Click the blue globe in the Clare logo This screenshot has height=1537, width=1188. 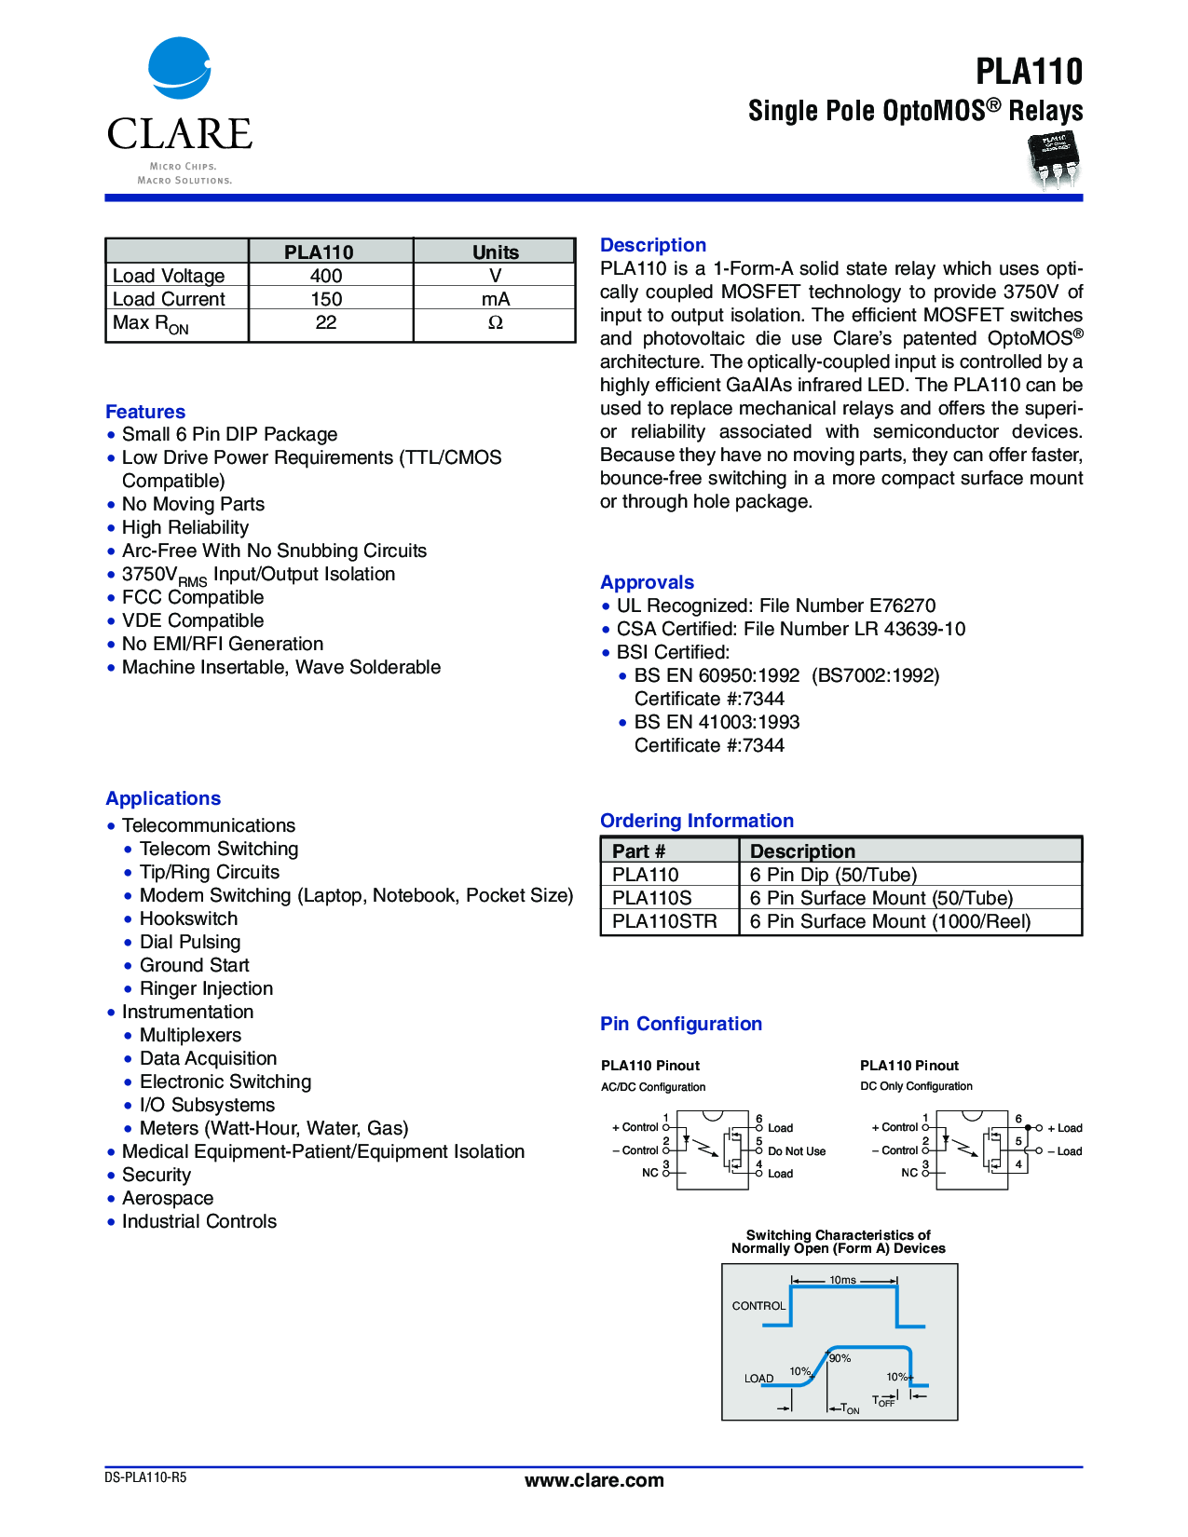point(180,68)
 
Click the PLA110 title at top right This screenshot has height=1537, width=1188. point(1029,72)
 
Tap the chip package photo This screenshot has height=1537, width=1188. point(1053,158)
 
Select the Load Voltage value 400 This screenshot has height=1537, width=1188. point(326,276)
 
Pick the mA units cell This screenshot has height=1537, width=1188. point(495,299)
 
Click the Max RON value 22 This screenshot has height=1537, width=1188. point(326,322)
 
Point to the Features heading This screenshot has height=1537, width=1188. point(145,412)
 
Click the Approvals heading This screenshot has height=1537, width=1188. point(647,582)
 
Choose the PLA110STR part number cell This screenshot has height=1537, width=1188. point(664,921)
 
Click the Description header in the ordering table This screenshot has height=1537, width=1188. point(802,851)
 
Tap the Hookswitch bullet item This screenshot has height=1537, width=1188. point(188,918)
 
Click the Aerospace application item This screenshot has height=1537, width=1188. point(168,1198)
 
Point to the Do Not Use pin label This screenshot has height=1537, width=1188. point(797,1151)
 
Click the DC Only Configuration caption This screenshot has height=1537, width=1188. point(916,1086)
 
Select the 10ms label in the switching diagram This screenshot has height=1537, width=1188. point(842,1280)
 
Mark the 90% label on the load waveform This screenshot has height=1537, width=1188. point(840,1358)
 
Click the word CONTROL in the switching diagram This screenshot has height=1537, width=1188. point(758,1306)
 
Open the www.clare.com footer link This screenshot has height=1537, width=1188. point(594,1480)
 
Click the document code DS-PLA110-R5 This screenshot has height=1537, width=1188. point(145,1477)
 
